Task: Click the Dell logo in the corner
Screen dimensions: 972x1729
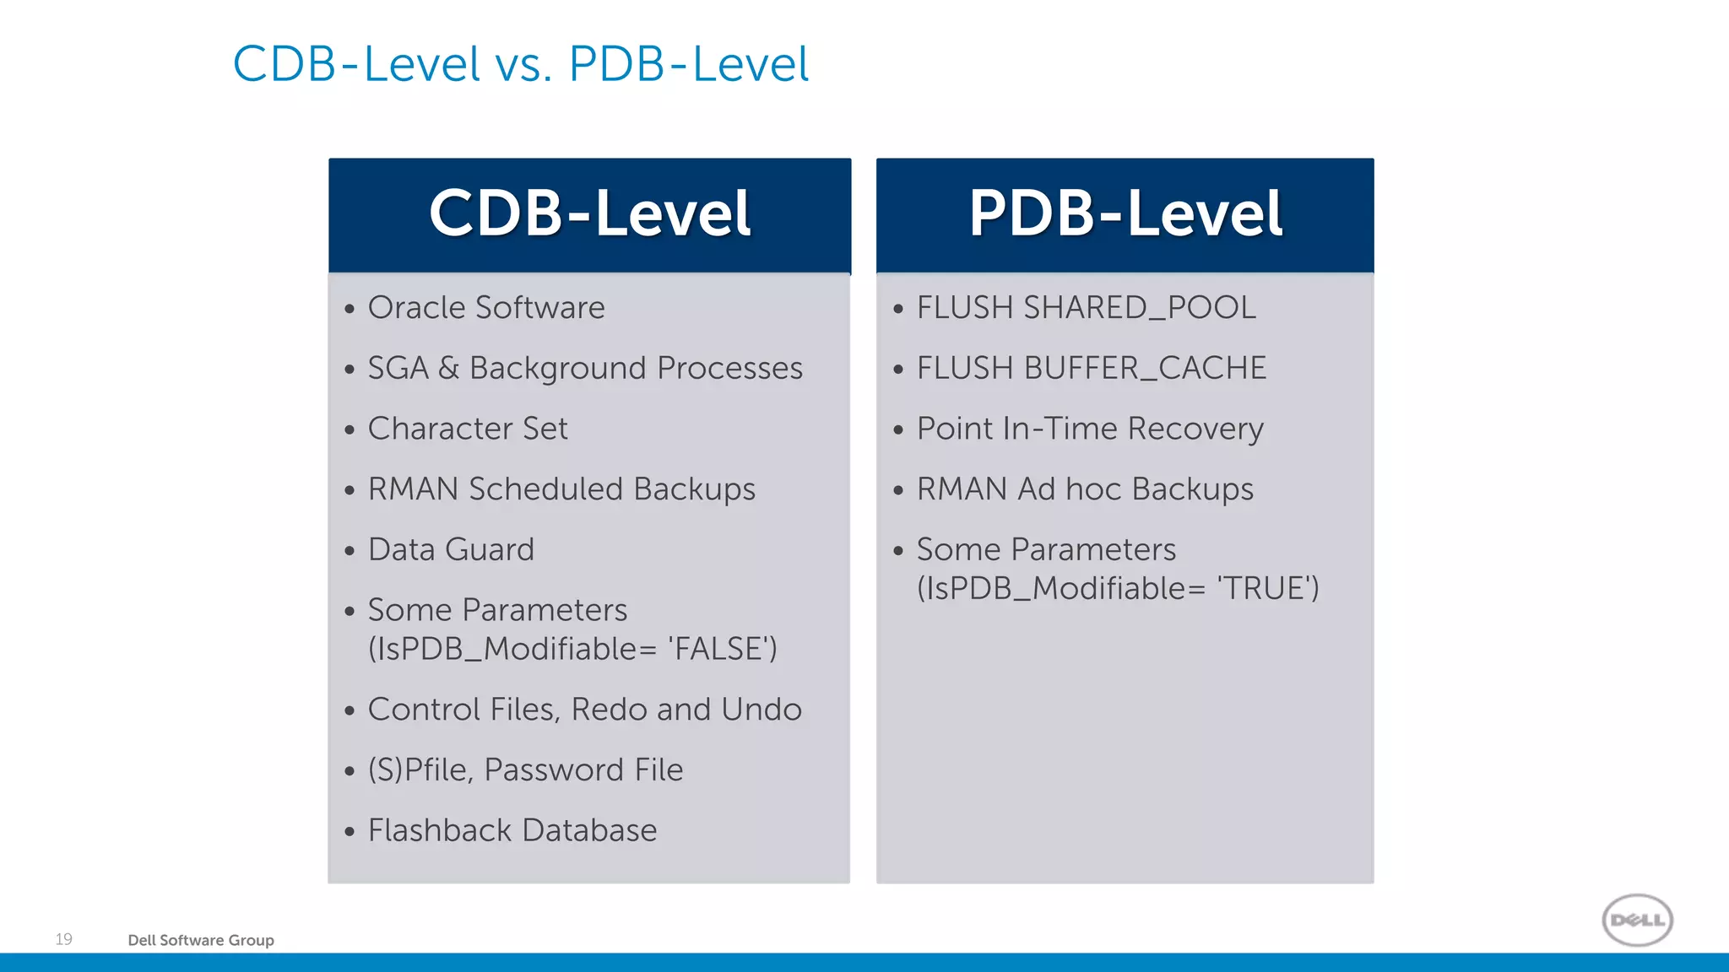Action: [1637, 920]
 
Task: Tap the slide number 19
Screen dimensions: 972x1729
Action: [64, 939]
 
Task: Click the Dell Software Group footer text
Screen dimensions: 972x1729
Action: [201, 940]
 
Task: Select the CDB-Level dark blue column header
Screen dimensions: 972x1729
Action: [589, 214]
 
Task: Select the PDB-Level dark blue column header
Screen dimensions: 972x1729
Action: [1125, 214]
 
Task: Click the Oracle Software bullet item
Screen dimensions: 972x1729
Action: [486, 308]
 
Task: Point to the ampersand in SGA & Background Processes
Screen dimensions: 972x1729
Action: [448, 369]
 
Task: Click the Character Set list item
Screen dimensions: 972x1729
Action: [468, 429]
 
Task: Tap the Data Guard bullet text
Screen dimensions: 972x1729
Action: [451, 550]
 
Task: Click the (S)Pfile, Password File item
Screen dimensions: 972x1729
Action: [525, 770]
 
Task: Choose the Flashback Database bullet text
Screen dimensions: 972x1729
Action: [512, 831]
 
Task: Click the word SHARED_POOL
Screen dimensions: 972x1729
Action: [1139, 308]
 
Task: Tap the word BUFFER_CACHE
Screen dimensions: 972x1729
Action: [1145, 369]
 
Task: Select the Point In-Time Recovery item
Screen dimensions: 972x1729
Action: [1090, 429]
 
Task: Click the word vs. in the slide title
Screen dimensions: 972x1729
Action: [523, 65]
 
